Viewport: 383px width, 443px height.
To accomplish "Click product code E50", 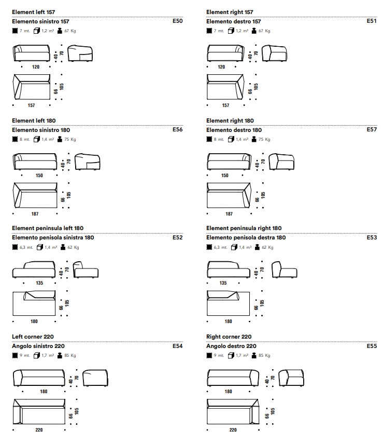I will [177, 21].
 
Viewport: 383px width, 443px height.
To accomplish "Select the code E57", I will [372, 129].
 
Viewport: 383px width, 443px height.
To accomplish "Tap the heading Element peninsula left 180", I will [47, 228].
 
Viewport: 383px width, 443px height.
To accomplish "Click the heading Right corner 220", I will [229, 337].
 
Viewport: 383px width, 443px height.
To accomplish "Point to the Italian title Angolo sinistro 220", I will [38, 346].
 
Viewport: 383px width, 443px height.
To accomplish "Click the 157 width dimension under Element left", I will [32, 105].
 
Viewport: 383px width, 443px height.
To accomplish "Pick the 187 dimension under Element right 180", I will [229, 214].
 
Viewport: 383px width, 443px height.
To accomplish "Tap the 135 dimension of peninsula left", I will [39, 283].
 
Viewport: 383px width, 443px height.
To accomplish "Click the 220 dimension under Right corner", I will [233, 430].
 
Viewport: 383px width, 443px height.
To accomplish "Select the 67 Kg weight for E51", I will [264, 31].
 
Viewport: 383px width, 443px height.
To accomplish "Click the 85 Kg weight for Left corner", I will [70, 356].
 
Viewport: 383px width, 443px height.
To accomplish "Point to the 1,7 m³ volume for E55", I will [242, 356].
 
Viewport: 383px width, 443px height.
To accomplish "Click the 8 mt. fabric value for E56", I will [25, 140].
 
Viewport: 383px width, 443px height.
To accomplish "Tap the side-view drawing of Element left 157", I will [81, 53].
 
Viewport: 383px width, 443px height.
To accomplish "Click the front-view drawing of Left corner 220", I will [39, 378].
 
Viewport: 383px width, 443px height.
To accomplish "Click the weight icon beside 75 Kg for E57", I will [254, 140].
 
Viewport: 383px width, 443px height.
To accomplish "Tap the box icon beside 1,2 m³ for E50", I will [36, 31].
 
